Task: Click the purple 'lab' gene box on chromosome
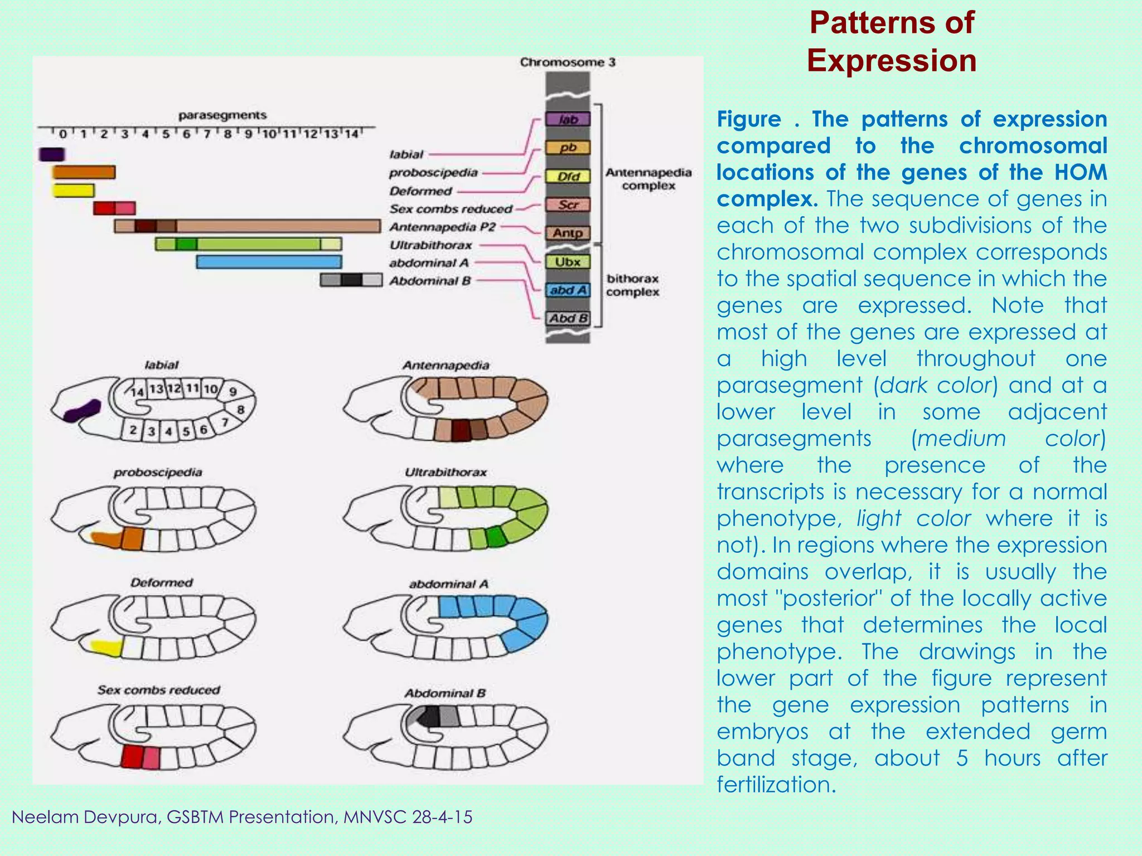tap(568, 119)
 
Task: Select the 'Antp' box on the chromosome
tap(568, 233)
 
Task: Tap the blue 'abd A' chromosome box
tap(568, 290)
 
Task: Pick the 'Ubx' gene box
tap(568, 261)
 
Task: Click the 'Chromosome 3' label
tap(568, 62)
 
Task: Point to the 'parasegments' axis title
tap(222, 115)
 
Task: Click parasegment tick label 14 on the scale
tap(351, 134)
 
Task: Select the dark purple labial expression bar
tap(52, 154)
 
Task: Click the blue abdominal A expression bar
tap(269, 262)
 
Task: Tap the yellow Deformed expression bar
tap(74, 191)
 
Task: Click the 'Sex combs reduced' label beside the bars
tap(451, 209)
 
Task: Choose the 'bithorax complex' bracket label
tap(633, 285)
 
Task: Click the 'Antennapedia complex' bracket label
tap(649, 179)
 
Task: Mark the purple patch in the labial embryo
tap(82, 411)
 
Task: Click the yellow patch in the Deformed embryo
tap(107, 648)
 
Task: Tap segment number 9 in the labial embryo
tap(233, 391)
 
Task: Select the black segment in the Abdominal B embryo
tap(428, 717)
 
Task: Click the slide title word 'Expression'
tap(891, 60)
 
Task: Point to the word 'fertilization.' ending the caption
tap(776, 785)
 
